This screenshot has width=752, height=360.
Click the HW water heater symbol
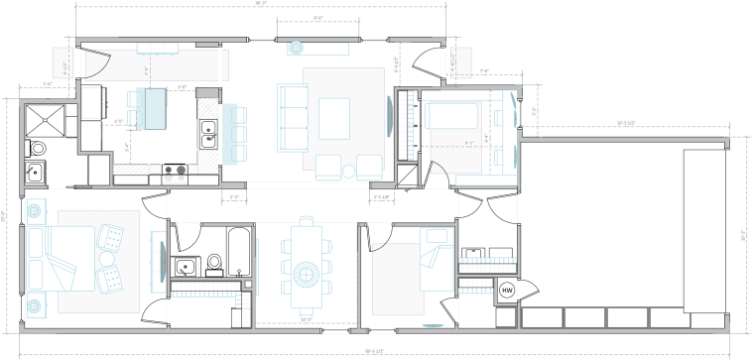[507, 291]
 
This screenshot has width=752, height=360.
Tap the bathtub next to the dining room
[239, 253]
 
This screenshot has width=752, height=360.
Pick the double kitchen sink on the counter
[208, 133]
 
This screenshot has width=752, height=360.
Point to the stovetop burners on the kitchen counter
[175, 170]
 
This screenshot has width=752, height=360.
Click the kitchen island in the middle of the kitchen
[153, 108]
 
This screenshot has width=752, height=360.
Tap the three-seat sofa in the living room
[293, 117]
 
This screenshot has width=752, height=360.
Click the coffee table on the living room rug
[333, 116]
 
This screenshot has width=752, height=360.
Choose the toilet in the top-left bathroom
[37, 148]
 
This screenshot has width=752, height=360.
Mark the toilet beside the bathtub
[213, 264]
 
